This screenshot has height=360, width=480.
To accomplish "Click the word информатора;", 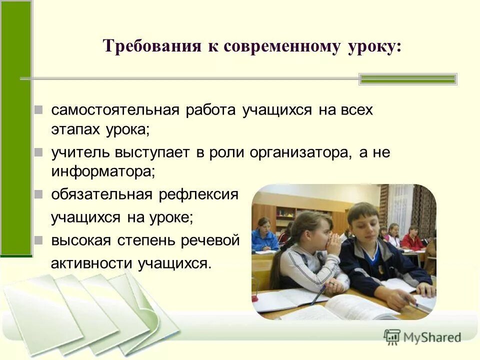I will click(x=103, y=171).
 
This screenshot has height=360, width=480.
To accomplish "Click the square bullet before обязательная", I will click(x=39, y=194).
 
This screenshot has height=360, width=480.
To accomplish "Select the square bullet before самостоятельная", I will click(x=39, y=110).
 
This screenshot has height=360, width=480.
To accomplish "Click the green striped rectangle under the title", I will click(x=408, y=79).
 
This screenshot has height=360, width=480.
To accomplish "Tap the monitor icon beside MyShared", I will click(x=392, y=337).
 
